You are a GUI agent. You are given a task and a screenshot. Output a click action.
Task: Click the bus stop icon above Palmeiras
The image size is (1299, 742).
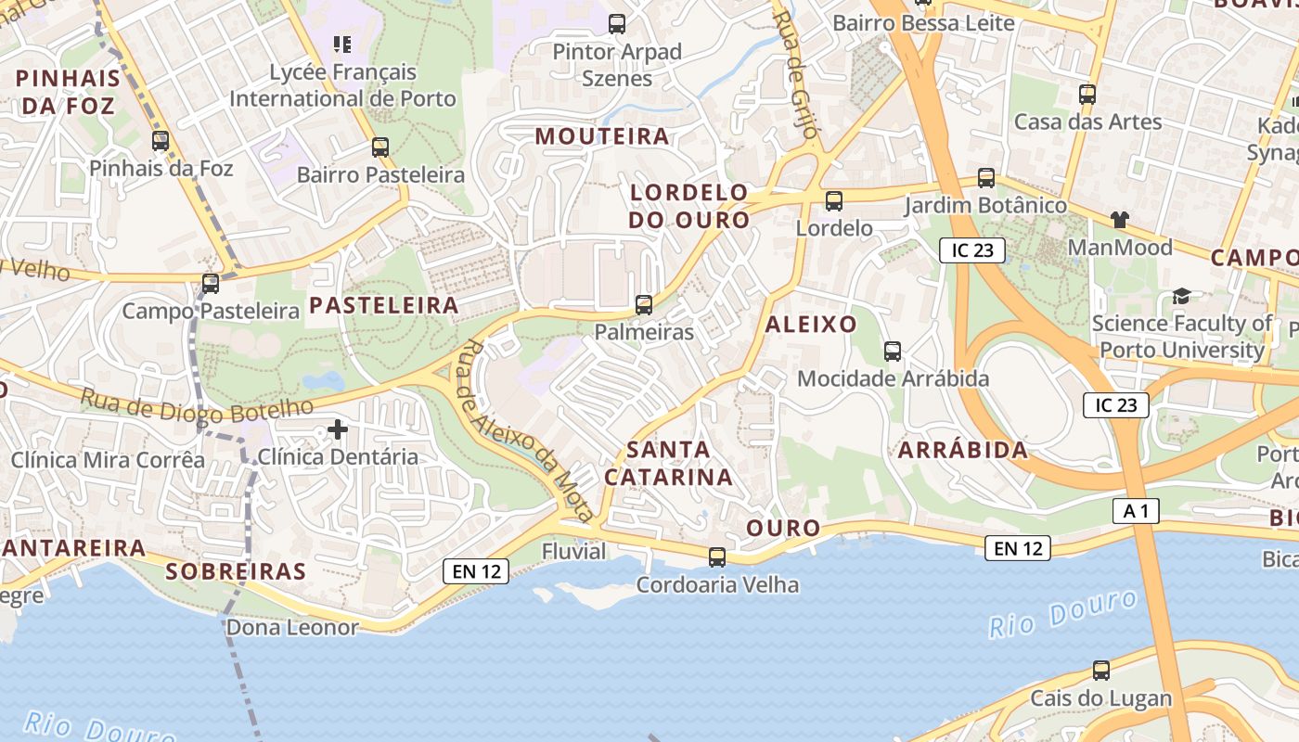tap(643, 304)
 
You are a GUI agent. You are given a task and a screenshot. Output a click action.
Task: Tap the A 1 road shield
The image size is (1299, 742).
tap(1136, 510)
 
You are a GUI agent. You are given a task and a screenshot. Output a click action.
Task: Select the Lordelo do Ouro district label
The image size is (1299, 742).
tap(688, 206)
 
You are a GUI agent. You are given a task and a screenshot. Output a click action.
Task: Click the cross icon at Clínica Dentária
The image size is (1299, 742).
tap(338, 429)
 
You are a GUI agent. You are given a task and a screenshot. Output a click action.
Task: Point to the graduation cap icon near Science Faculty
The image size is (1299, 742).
tap(1181, 296)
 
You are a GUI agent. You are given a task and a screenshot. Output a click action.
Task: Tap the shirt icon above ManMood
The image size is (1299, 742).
tap(1120, 220)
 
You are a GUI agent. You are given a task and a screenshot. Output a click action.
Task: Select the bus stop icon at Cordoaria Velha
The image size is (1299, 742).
tap(716, 557)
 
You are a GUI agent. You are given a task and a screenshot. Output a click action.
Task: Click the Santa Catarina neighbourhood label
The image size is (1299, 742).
tap(668, 463)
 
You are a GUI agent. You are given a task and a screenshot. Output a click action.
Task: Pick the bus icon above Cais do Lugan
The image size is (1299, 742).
tap(1100, 671)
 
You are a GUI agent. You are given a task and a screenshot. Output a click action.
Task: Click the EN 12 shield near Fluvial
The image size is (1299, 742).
tap(477, 571)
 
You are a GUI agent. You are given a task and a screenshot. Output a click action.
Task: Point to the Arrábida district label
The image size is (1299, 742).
tap(962, 450)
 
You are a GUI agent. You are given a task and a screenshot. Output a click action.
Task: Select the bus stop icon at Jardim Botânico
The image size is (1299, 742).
tap(985, 177)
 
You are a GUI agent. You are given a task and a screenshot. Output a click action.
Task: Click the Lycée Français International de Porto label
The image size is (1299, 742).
tap(342, 85)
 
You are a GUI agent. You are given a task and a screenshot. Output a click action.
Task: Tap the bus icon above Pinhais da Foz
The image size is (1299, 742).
tap(161, 141)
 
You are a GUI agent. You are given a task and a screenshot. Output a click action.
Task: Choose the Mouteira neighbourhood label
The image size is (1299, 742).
tap(601, 136)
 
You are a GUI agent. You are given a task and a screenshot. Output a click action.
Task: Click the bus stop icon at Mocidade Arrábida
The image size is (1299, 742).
tap(892, 352)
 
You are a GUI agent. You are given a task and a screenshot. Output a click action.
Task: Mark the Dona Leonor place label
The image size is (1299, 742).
tap(292, 627)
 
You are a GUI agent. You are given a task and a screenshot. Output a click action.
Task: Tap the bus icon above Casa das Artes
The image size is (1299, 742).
tap(1087, 95)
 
